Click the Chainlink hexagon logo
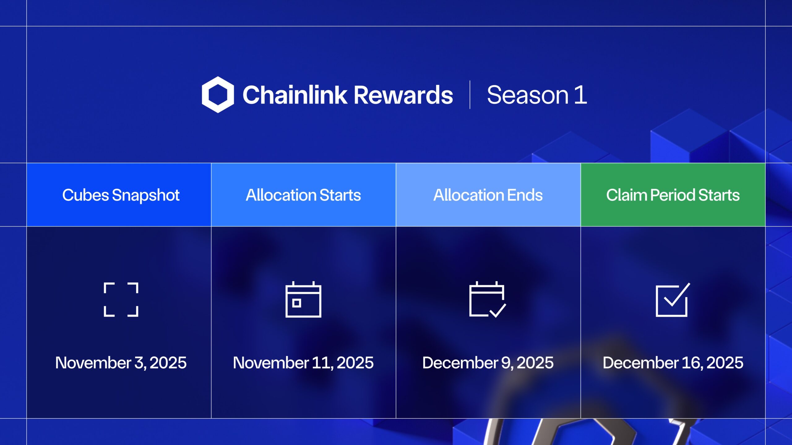(218, 95)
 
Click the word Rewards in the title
(403, 95)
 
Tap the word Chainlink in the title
(295, 95)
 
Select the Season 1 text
(537, 95)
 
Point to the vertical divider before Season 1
(470, 95)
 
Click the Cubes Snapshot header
(121, 195)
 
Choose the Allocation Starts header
(303, 195)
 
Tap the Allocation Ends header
(488, 195)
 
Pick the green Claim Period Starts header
(673, 195)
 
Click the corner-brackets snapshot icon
(121, 299)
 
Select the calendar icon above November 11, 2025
(303, 299)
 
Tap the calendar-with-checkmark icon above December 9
(487, 299)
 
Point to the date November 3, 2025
(121, 363)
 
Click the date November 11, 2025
(303, 363)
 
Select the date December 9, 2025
(488, 363)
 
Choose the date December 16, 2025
(673, 363)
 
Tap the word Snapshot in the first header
(146, 195)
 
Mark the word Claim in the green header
(626, 195)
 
